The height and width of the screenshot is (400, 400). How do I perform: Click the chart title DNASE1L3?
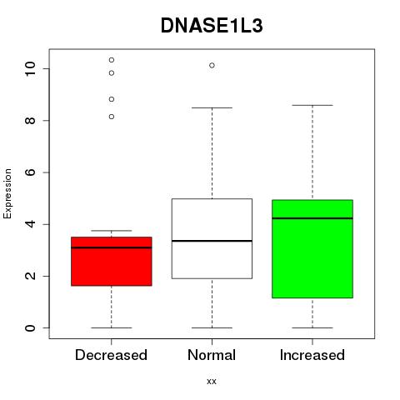tap(212, 26)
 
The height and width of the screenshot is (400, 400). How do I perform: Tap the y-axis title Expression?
tap(7, 193)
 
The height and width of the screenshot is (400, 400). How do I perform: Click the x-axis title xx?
tap(212, 382)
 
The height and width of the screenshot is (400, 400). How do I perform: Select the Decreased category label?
tap(111, 355)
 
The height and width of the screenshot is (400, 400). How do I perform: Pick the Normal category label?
tap(212, 355)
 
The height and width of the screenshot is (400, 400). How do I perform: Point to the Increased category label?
tap(312, 355)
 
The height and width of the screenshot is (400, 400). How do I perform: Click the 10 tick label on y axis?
tap(30, 68)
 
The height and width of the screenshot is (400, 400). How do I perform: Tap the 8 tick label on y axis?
tap(30, 120)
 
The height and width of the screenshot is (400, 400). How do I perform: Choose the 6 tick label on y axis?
tap(30, 172)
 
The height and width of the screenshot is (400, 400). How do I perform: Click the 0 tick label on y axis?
tap(30, 327)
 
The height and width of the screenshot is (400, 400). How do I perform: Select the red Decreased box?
tap(112, 261)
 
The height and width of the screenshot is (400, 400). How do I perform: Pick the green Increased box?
tap(312, 249)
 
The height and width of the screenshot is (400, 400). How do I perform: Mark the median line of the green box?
tap(312, 218)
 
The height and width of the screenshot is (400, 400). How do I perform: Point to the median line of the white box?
tap(212, 241)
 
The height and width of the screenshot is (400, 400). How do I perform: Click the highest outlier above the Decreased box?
tap(112, 60)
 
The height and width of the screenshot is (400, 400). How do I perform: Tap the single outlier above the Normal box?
tap(212, 66)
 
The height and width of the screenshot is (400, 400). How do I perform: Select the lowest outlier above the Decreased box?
tap(112, 117)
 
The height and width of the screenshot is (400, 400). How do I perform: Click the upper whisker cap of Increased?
tap(312, 105)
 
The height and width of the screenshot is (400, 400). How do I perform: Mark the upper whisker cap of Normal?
tap(212, 107)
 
